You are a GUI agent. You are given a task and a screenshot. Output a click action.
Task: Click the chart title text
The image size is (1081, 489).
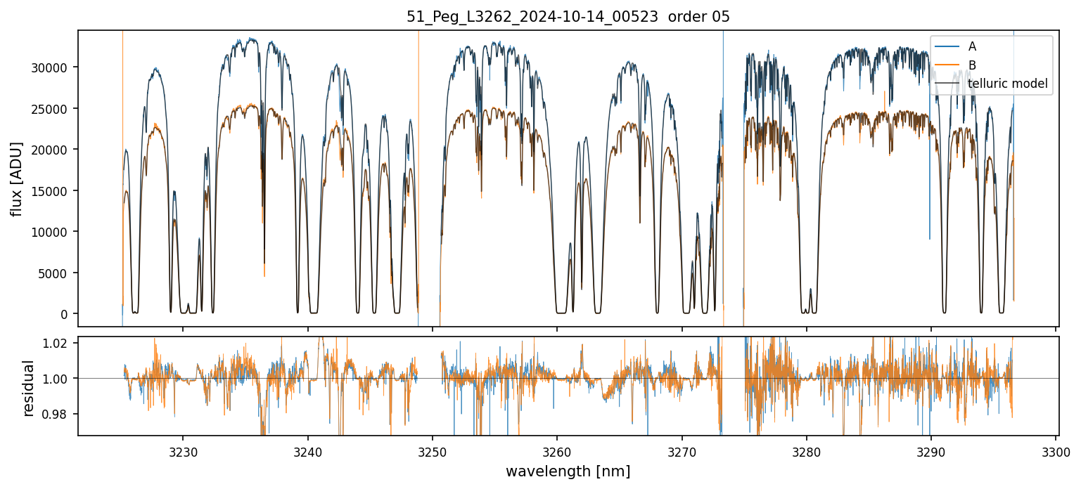click(x=568, y=17)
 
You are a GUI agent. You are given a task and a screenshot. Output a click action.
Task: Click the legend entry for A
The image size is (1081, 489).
click(x=972, y=46)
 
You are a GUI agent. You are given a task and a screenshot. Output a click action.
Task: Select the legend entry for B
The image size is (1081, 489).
click(x=972, y=65)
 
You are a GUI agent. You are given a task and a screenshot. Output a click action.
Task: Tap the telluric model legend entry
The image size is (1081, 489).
click(x=1007, y=84)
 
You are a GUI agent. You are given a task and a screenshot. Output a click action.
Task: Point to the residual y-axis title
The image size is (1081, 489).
click(x=29, y=388)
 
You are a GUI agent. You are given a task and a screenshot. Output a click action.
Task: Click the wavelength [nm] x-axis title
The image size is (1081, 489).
click(x=568, y=471)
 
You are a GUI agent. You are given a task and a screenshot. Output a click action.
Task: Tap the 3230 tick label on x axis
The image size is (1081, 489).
click(x=183, y=451)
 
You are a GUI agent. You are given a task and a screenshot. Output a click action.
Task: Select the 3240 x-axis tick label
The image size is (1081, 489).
click(x=308, y=451)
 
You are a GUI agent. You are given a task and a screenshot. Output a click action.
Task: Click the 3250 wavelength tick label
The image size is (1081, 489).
click(x=433, y=451)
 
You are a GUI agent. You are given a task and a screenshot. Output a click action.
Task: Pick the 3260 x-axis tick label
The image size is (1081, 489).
click(x=557, y=451)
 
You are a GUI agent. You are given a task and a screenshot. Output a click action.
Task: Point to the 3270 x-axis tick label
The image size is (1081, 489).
click(x=682, y=451)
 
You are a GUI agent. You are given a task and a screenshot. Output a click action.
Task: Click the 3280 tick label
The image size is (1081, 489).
click(x=806, y=451)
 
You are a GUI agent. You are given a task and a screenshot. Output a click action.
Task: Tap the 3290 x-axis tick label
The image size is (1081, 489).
click(x=931, y=451)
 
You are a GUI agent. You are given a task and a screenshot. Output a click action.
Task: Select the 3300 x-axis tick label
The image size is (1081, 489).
click(x=1056, y=451)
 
